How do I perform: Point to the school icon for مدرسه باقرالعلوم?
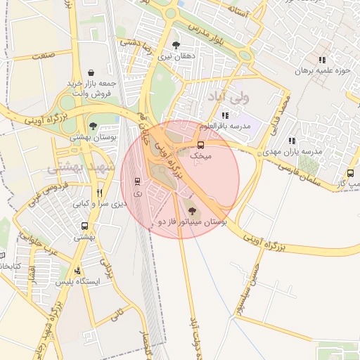(x=224, y=115)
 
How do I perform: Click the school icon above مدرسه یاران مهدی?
(x=291, y=141)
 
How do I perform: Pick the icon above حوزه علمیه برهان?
(x=322, y=60)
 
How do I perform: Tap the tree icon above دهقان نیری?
(x=176, y=44)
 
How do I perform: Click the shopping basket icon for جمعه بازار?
(x=92, y=72)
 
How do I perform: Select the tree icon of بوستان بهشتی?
(x=94, y=126)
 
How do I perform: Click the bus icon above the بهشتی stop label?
(x=85, y=226)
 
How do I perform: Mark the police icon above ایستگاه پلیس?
(x=77, y=271)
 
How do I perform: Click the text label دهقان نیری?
(x=175, y=55)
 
